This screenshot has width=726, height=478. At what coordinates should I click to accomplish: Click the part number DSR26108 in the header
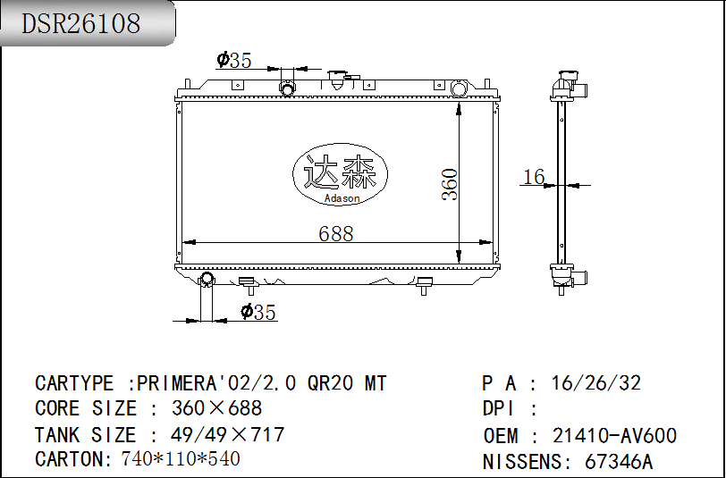81,24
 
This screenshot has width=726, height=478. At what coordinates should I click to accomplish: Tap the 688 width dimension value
336,233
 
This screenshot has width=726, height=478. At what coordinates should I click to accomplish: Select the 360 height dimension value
450,184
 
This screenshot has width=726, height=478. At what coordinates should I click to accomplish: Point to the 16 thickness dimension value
534,177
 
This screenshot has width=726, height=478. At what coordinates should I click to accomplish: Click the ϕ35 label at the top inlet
234,60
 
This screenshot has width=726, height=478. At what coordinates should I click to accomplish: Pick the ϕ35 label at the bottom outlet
258,312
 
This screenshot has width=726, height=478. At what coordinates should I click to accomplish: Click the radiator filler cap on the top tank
337,79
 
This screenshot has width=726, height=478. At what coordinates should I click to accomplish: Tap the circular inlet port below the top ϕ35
288,88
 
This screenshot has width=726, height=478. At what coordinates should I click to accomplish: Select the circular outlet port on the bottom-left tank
207,280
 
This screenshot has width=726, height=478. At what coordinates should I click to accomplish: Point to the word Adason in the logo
342,198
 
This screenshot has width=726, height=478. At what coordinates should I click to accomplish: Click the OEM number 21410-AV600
614,436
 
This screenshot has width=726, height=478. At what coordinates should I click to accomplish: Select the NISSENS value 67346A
619,462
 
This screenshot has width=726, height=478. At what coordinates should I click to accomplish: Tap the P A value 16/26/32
596,383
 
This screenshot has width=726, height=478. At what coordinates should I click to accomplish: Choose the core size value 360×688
216,408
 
